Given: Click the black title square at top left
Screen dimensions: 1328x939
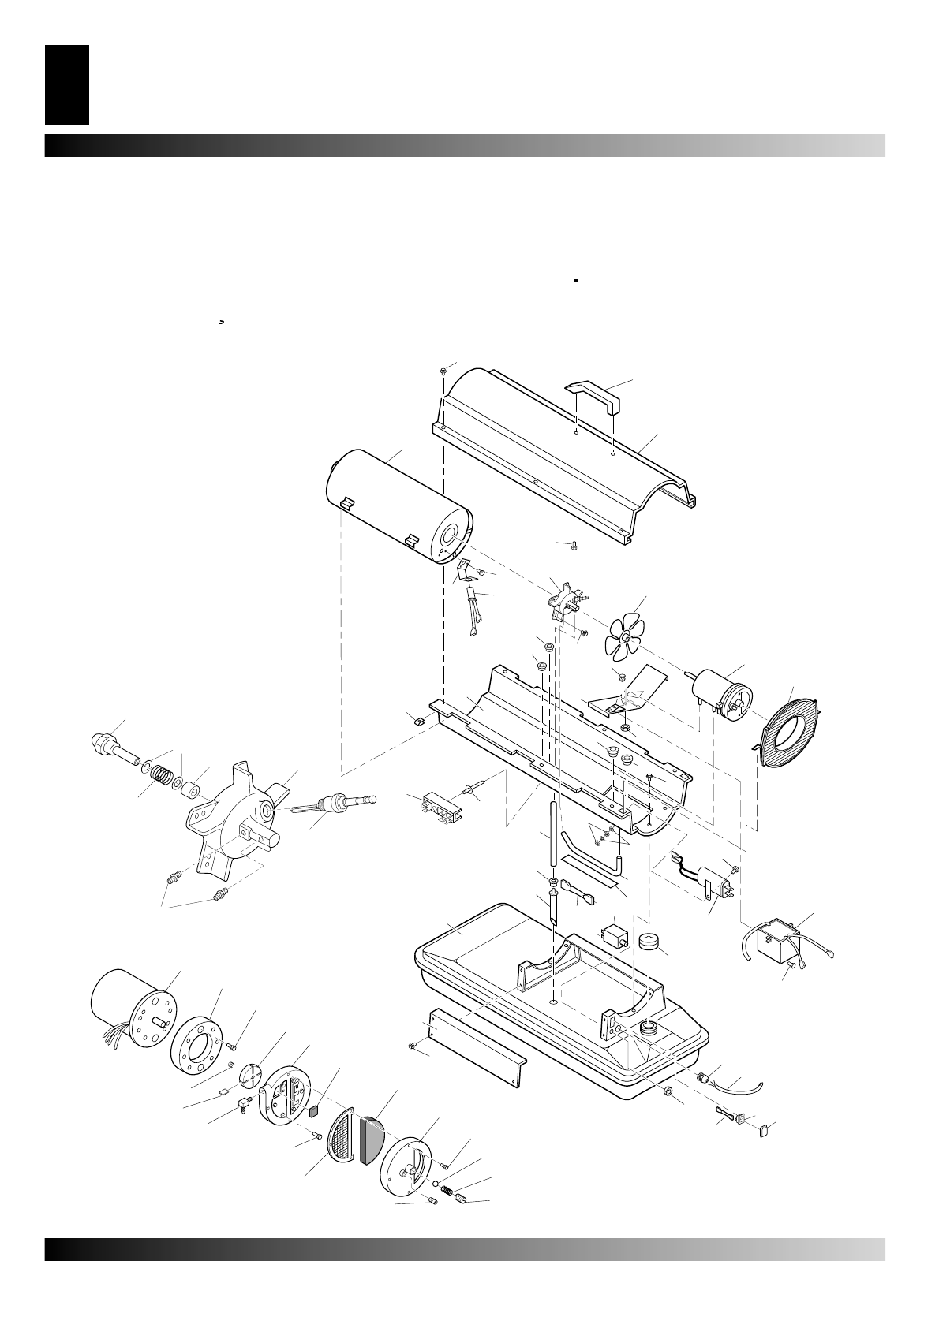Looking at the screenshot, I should [x=67, y=85].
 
